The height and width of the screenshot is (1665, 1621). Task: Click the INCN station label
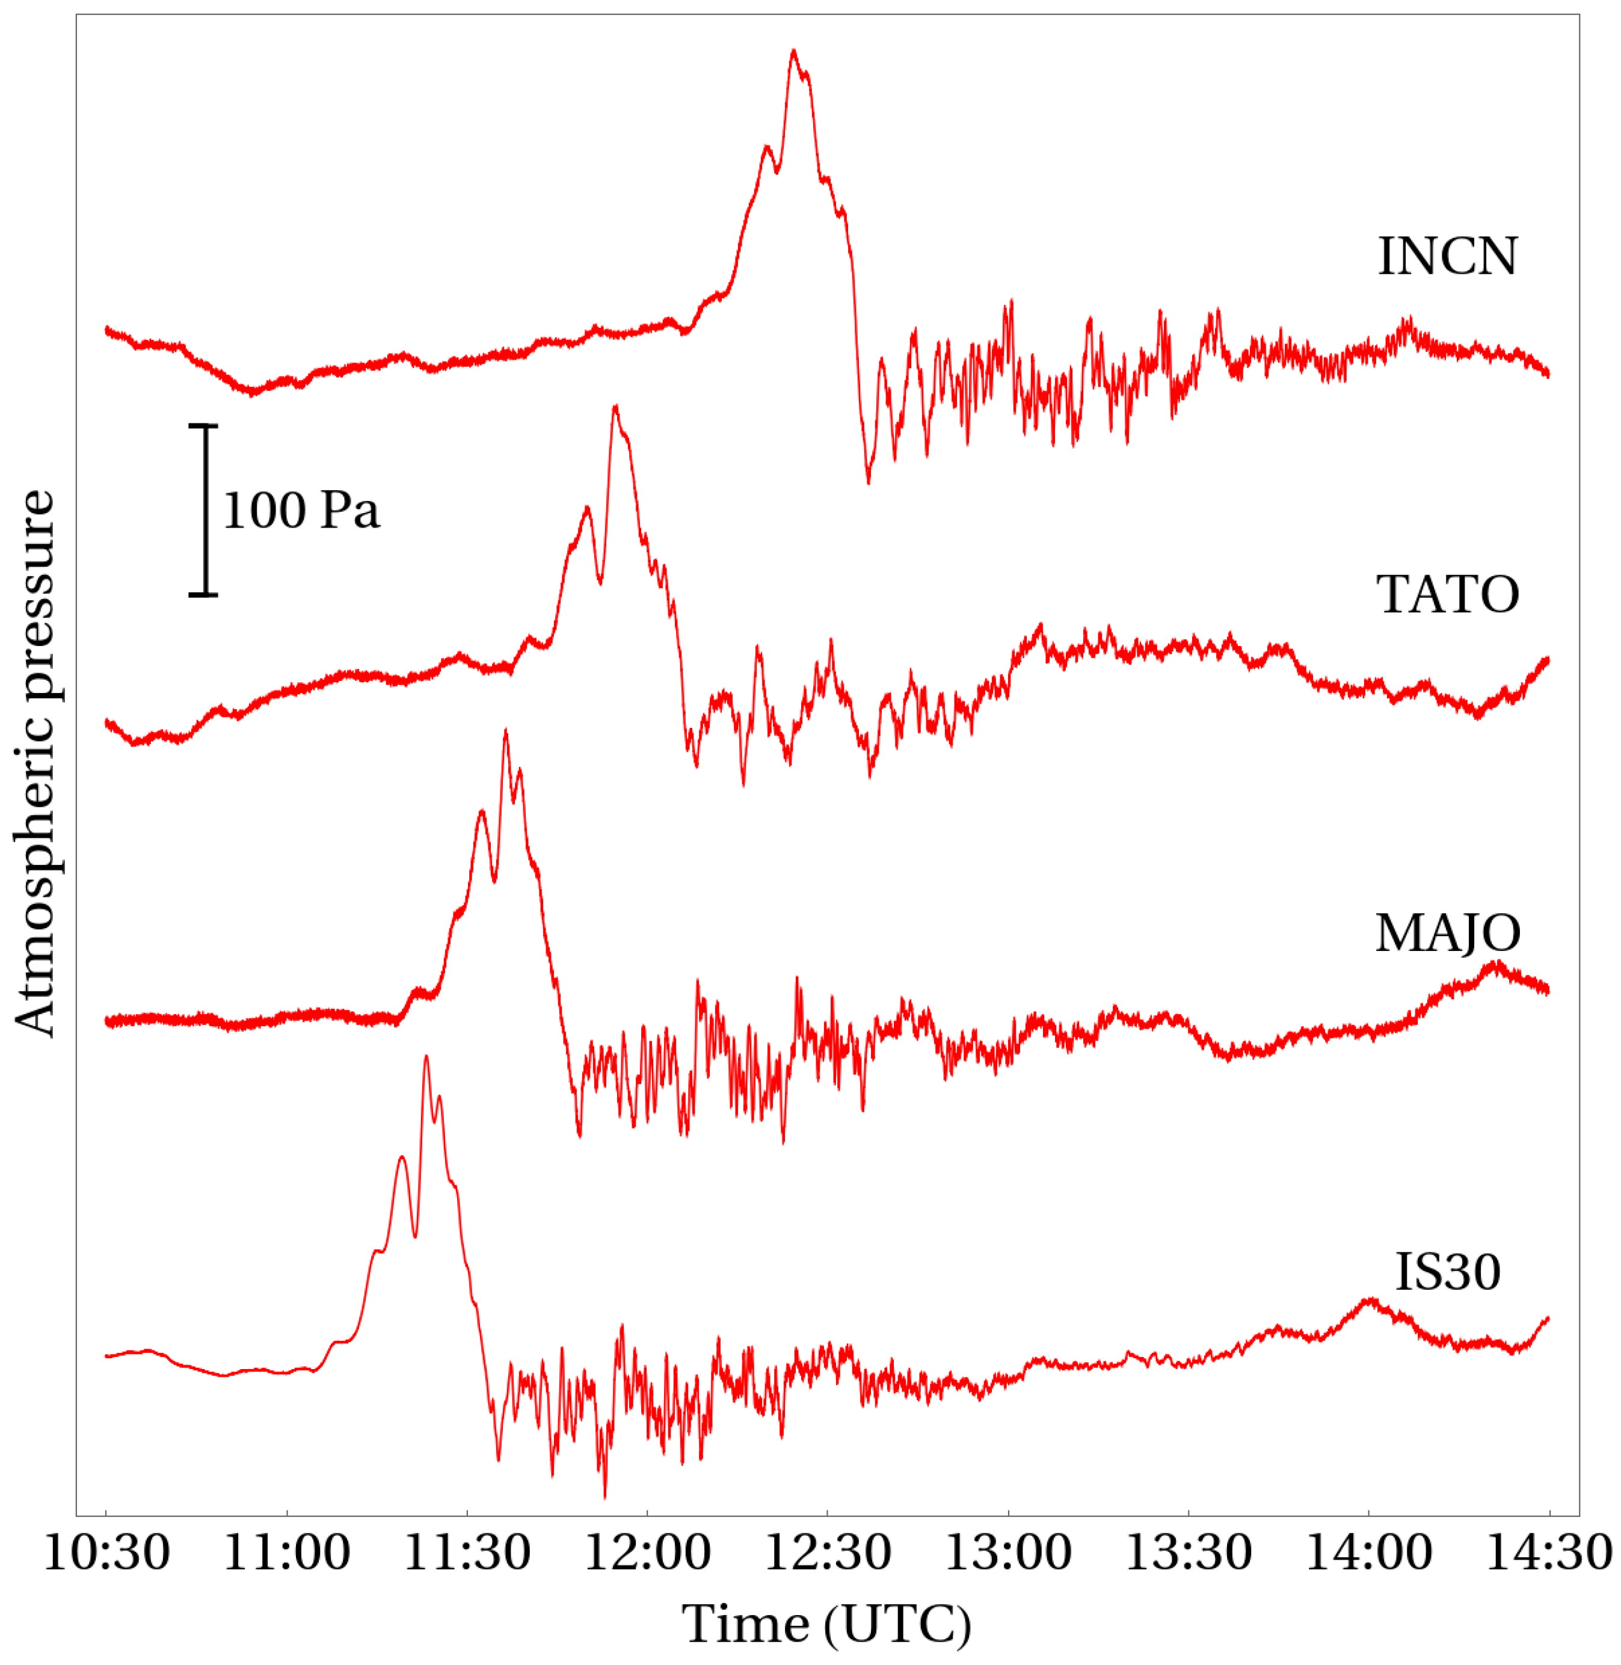(1447, 256)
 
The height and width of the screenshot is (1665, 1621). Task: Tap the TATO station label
(1447, 594)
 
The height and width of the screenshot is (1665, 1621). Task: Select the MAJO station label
(1447, 933)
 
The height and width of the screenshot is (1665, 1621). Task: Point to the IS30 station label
(1447, 1273)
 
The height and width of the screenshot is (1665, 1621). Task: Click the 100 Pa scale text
(301, 511)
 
